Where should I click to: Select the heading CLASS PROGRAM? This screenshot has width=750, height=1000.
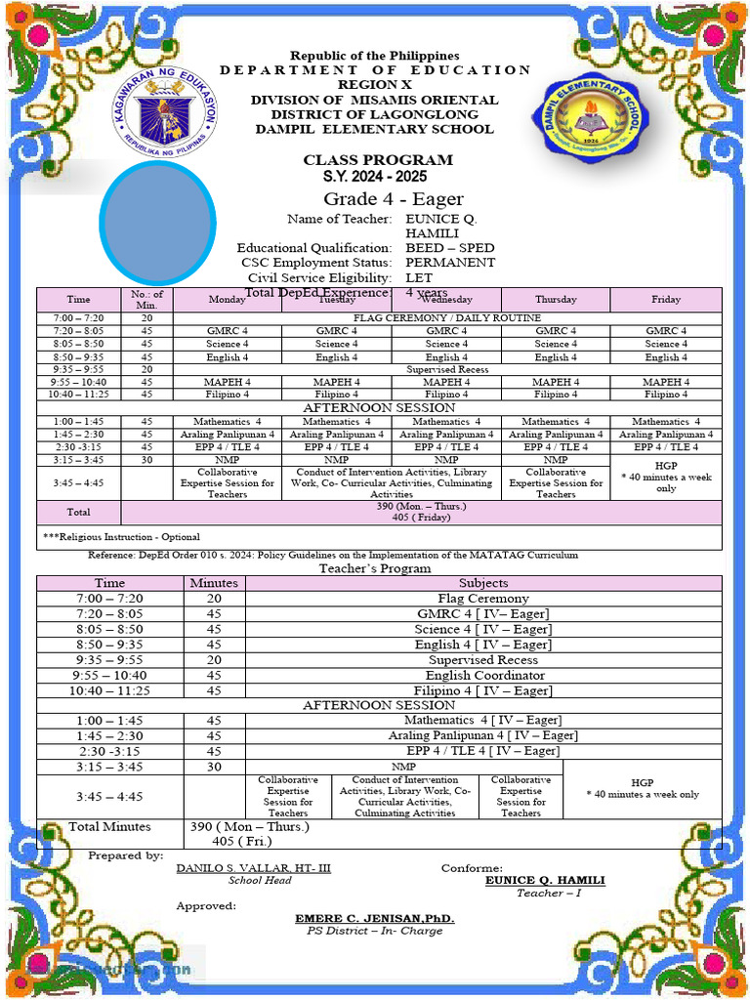(377, 160)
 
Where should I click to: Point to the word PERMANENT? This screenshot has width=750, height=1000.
(450, 263)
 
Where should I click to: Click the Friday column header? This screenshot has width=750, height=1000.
(666, 300)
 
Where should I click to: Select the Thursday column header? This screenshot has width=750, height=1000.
(556, 300)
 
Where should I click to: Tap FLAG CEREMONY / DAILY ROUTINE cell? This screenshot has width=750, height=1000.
(446, 318)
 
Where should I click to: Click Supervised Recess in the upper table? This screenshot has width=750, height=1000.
(446, 369)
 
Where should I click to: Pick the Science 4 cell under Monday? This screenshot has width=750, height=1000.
(227, 344)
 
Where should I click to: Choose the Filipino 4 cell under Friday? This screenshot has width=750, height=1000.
(666, 395)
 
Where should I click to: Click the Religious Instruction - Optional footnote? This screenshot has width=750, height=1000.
(122, 537)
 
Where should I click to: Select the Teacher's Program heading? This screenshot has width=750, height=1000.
(375, 568)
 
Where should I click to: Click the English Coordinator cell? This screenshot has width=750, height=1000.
(484, 676)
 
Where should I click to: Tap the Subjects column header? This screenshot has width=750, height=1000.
(482, 583)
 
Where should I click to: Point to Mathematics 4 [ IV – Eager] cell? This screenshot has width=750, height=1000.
(482, 720)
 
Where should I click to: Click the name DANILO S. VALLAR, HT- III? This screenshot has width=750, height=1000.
(253, 868)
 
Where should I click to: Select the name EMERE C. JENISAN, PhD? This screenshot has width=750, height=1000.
(375, 919)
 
